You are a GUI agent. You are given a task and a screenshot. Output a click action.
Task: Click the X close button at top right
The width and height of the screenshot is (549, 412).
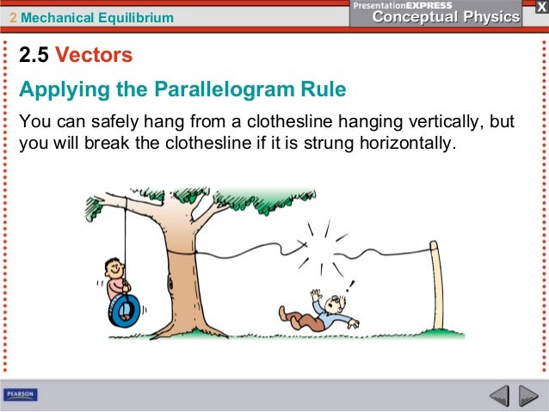click(x=531, y=6)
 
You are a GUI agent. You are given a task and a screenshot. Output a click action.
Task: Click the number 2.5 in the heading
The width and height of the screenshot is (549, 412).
click(x=35, y=57)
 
